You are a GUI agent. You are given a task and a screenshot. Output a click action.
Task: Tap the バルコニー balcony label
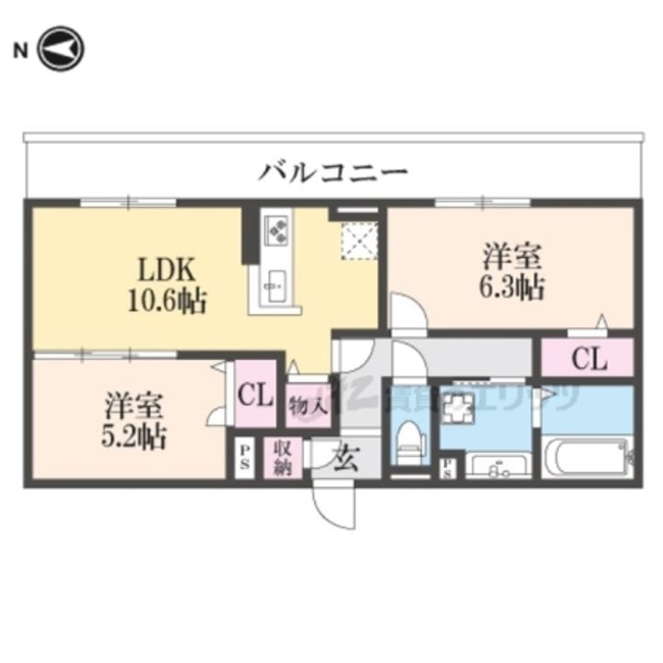[332, 171]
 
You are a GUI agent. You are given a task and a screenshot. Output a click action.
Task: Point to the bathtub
[587, 458]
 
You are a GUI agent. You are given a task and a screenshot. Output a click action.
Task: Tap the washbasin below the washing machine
[497, 466]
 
